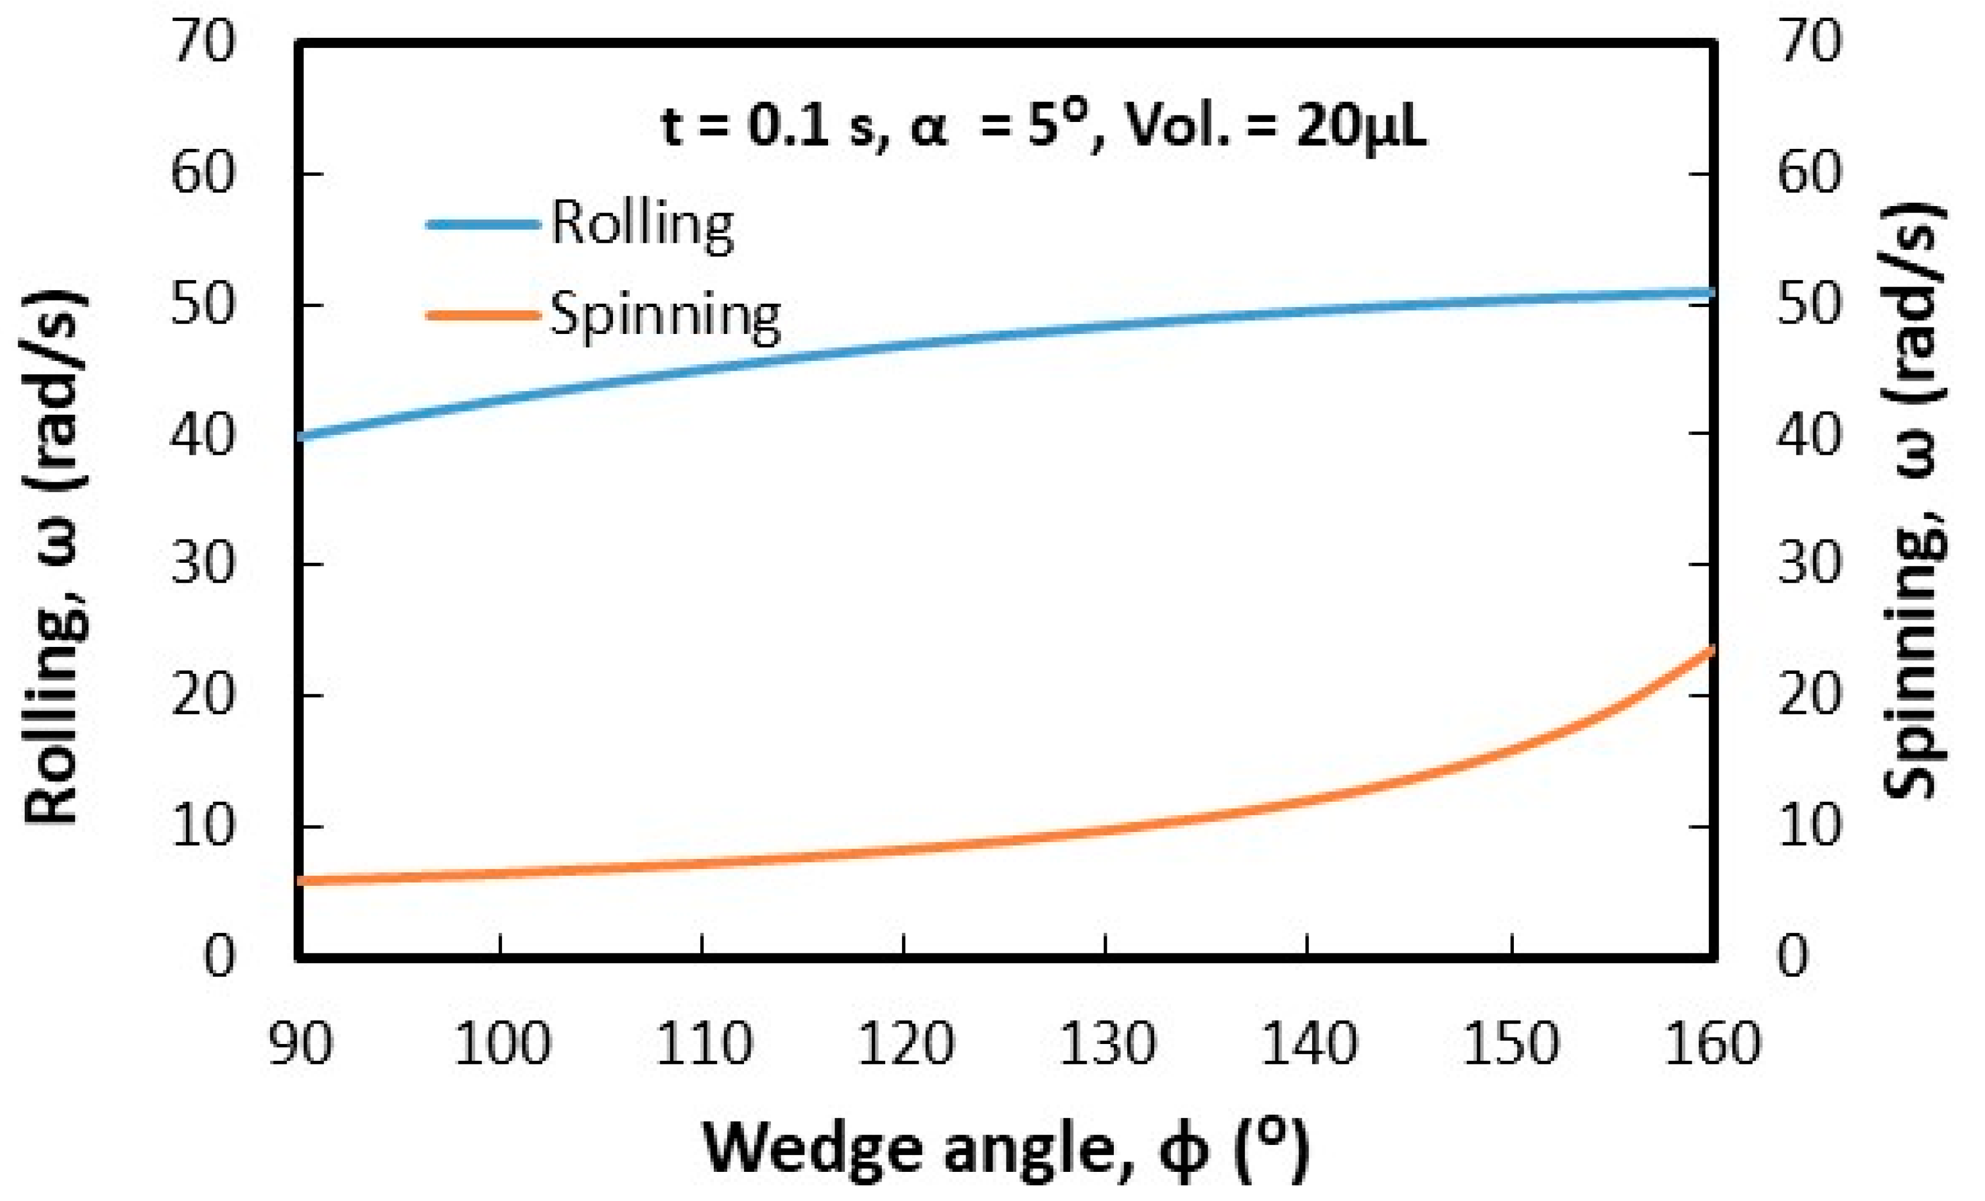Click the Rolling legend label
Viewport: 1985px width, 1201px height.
(642, 223)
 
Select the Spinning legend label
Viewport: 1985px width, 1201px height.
(665, 315)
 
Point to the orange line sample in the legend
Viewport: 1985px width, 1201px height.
(482, 315)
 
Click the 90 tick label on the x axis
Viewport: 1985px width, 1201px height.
(300, 1044)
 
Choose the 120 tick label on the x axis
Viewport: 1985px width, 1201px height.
(905, 1044)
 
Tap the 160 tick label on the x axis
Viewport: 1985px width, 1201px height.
(1712, 1044)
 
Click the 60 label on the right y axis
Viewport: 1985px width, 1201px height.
(1809, 173)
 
